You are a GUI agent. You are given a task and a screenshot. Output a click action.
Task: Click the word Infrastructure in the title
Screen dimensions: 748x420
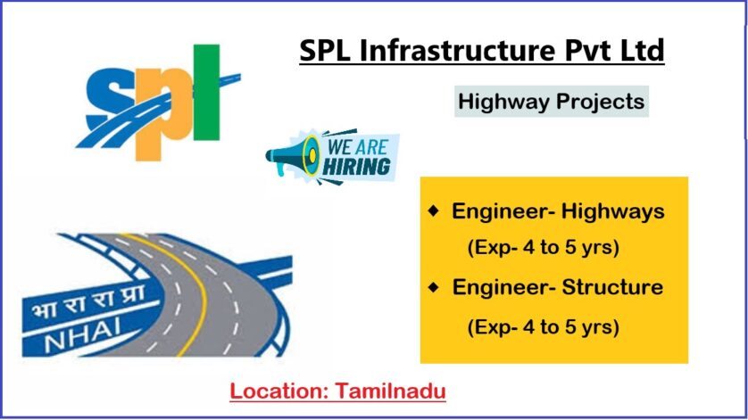(x=457, y=50)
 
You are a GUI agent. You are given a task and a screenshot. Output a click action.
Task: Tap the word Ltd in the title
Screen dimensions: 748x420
(x=642, y=50)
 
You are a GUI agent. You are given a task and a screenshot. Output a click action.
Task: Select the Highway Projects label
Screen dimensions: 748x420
(x=551, y=102)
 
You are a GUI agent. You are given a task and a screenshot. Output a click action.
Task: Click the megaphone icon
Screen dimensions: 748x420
(x=293, y=155)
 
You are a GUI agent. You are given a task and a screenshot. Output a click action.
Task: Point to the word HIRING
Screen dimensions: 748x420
(x=356, y=167)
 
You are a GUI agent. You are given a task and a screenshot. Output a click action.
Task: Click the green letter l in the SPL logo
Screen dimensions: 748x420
(x=206, y=92)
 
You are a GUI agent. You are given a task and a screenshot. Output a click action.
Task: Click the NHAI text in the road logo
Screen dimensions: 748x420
(x=82, y=334)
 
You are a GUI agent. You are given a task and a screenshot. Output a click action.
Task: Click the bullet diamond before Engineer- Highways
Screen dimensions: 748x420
(x=433, y=210)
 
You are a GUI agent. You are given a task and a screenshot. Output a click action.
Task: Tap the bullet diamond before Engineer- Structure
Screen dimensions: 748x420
(x=434, y=287)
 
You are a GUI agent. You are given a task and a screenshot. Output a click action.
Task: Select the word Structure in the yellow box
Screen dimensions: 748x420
(x=612, y=287)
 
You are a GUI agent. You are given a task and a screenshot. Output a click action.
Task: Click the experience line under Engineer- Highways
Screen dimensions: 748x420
(x=544, y=248)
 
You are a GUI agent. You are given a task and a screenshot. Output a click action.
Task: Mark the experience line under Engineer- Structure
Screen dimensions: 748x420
(x=544, y=327)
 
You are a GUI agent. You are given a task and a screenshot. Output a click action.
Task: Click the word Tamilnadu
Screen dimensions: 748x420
(x=391, y=391)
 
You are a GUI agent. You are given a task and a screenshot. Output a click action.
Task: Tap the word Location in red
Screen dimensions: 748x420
(x=279, y=391)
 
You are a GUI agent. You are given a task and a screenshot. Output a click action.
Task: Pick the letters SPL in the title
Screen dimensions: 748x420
(x=324, y=50)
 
